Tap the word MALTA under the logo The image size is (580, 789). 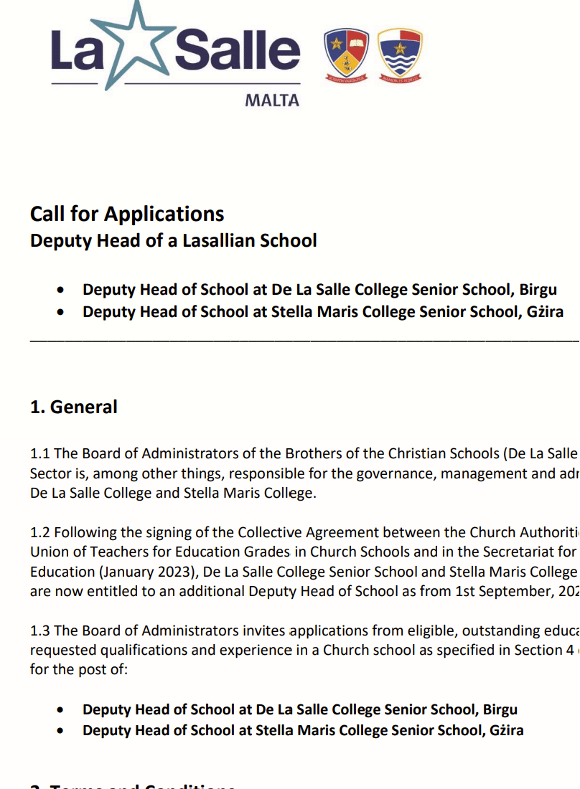click(x=272, y=100)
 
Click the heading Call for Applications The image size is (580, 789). click(x=127, y=214)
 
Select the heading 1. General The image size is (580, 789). click(x=73, y=407)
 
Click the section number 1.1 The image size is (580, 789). click(x=40, y=454)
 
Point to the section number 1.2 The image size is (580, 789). click(x=41, y=533)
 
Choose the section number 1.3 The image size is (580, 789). click(x=41, y=631)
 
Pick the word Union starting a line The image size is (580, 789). click(x=48, y=552)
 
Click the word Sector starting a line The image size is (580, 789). click(x=50, y=473)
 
